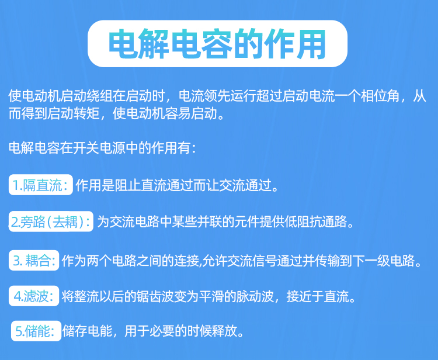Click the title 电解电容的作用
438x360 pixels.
point(217,44)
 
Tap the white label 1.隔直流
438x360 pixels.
point(41,185)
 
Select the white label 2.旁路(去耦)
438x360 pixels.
point(51,221)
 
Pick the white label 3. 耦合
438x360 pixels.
point(34,261)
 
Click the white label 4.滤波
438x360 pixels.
point(34,296)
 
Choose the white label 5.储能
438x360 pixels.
point(36,331)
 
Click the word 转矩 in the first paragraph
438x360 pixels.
point(86,114)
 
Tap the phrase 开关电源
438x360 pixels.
point(93,148)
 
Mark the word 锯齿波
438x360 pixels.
point(155,296)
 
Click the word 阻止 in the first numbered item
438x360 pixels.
point(127,185)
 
